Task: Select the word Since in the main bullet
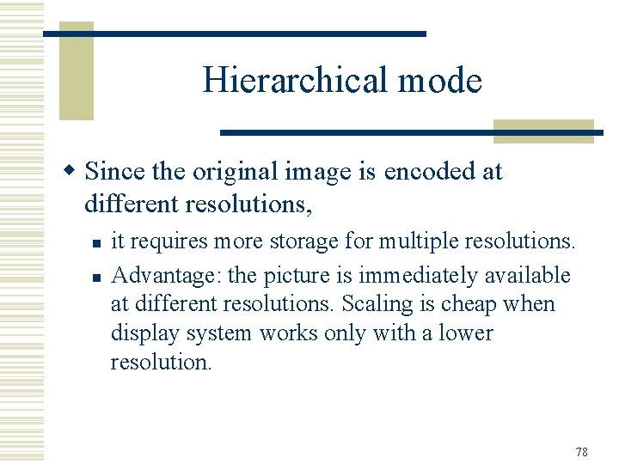[115, 172]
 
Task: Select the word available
[527, 275]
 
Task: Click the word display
[138, 333]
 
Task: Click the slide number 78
[582, 452]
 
